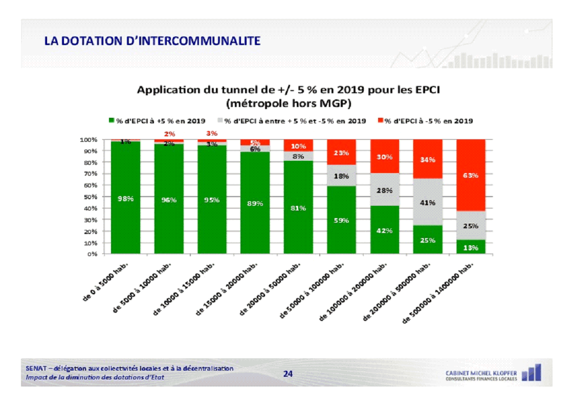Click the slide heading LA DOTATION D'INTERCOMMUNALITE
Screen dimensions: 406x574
[x=152, y=40]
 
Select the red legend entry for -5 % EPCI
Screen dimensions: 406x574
[x=425, y=121]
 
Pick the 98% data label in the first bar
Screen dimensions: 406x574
[x=125, y=199]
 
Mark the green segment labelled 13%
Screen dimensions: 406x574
[x=471, y=247]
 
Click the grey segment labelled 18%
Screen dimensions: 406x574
[x=341, y=176]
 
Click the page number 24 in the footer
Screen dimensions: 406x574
[x=288, y=374]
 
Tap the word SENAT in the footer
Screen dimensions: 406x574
[x=35, y=368]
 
